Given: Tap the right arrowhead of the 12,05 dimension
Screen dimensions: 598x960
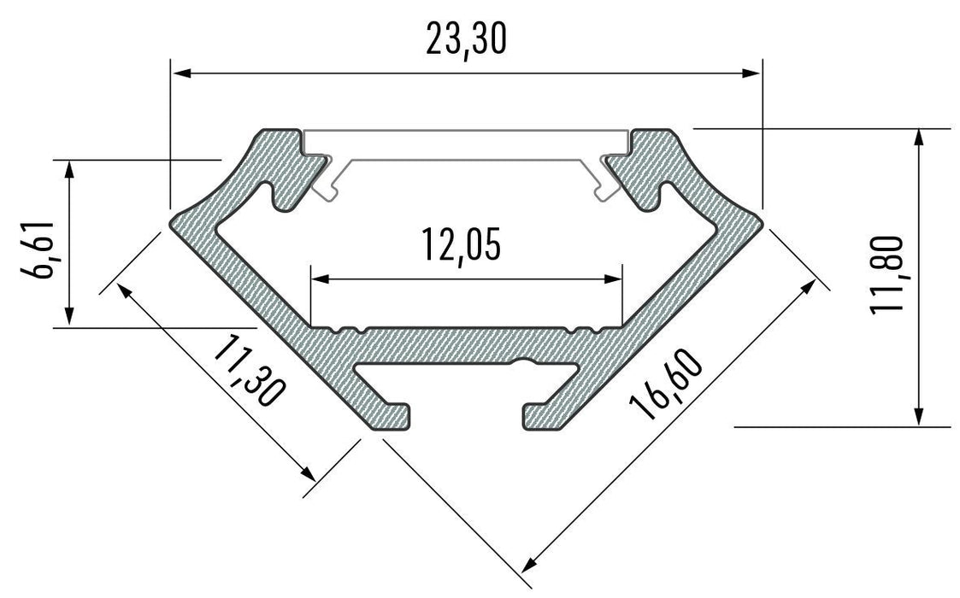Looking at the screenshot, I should point(613,278).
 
